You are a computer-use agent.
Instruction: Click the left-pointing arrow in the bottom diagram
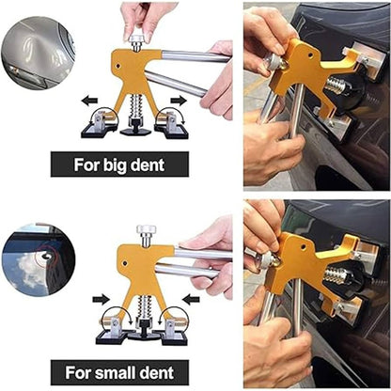[x=192, y=299]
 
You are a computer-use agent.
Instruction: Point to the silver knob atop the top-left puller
[x=137, y=39]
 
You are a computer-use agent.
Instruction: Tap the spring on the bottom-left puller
[x=145, y=306]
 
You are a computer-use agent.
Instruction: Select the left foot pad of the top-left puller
[x=102, y=120]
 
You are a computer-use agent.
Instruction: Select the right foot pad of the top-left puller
[x=173, y=120]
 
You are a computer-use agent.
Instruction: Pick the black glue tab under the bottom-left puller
[x=145, y=331]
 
